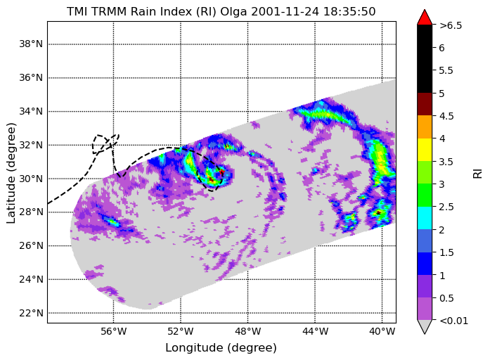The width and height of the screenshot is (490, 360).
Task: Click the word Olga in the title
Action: pyautogui.click(x=234, y=12)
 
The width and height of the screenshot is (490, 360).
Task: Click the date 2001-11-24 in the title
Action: pyautogui.click(x=285, y=11)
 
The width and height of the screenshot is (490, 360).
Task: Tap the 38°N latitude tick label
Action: pyautogui.click(x=31, y=44)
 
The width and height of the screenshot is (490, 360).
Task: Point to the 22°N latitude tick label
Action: pyautogui.click(x=31, y=313)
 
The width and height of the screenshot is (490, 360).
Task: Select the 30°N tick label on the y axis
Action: pyautogui.click(x=31, y=179)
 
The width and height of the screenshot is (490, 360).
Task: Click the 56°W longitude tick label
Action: pyautogui.click(x=114, y=331)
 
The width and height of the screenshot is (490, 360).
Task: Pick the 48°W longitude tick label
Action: pyautogui.click(x=248, y=331)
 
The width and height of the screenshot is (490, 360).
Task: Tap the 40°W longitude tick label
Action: pyautogui.click(x=382, y=331)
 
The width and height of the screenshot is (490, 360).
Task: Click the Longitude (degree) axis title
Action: pyautogui.click(x=221, y=347)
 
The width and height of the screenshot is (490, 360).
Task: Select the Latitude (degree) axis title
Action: pyautogui.click(x=11, y=173)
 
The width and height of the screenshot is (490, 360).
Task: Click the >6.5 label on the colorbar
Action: pyautogui.click(x=451, y=25)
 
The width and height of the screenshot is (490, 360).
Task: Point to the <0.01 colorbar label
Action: pyautogui.click(x=453, y=321)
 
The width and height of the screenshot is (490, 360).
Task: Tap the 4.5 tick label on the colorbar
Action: pyautogui.click(x=446, y=116)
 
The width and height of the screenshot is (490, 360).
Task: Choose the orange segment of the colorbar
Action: pyautogui.click(x=425, y=127)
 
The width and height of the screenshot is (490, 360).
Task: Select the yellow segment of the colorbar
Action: pyautogui.click(x=425, y=150)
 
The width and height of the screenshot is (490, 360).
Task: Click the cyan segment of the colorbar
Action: pyautogui.click(x=425, y=218)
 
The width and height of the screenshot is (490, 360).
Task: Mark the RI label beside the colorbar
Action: pyautogui.click(x=478, y=174)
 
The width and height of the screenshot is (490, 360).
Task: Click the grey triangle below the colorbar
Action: pyautogui.click(x=425, y=327)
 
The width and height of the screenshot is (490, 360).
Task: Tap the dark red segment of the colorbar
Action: pyautogui.click(x=425, y=104)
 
